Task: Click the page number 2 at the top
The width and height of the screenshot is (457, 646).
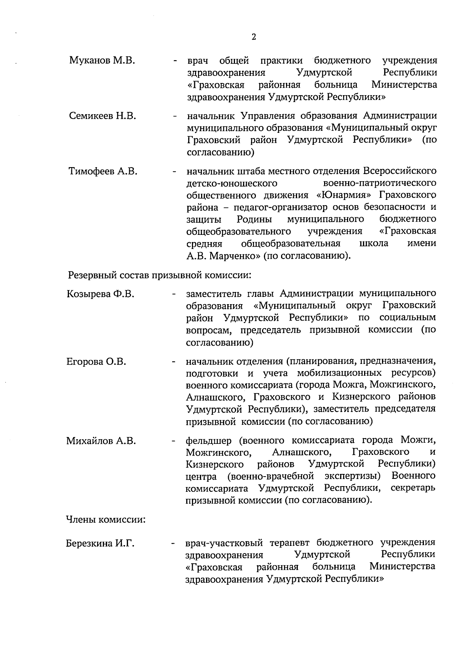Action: coord(254,37)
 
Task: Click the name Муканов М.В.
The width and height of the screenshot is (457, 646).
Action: coord(102,60)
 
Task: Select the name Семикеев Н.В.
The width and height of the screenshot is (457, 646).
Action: coord(103,116)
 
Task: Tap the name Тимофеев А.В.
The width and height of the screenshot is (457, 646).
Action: coord(103,171)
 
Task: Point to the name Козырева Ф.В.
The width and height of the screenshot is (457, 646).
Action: coord(100,294)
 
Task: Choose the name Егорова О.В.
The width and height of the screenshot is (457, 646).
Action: coord(96,361)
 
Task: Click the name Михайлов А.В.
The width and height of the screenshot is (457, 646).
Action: coord(101,441)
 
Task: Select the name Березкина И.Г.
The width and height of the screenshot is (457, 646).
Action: coord(101,543)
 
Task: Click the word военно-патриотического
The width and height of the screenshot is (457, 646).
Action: coord(377,183)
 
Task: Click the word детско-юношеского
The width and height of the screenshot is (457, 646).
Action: coord(232,183)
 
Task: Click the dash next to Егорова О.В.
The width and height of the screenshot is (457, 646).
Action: coord(174,362)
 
